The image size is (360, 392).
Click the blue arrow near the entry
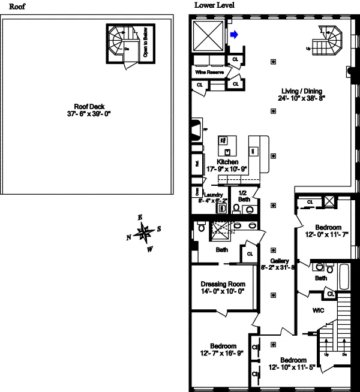point(235,35)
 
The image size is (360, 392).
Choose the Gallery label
point(280,261)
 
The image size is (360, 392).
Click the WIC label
point(318,311)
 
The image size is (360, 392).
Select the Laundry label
point(214,195)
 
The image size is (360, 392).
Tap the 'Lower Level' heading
point(214,5)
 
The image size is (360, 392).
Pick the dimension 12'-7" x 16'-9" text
point(223,354)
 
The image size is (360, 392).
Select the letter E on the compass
point(140,217)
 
